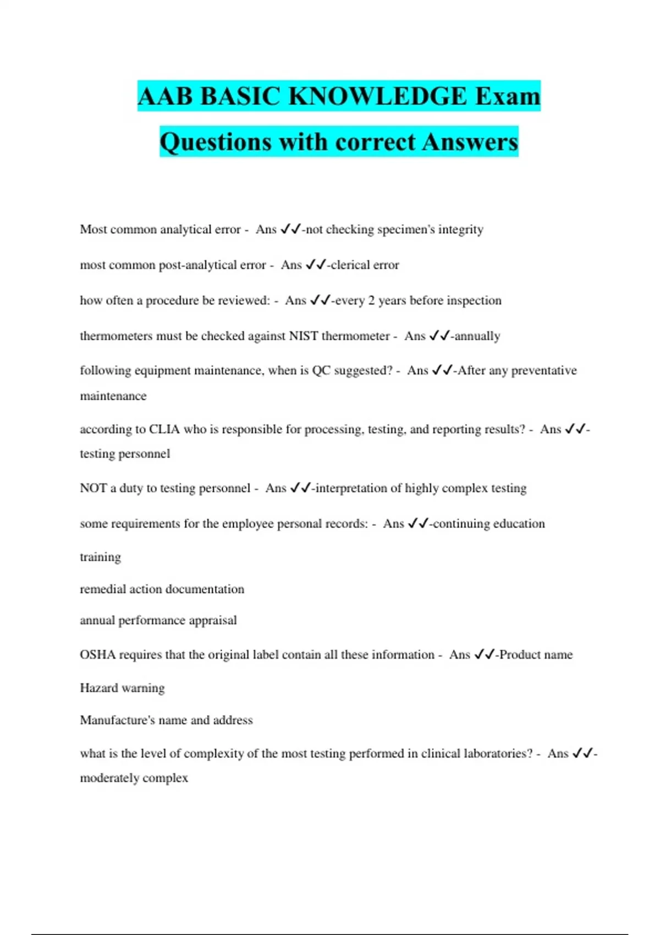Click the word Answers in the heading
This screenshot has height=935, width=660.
470,142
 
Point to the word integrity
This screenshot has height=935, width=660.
460,229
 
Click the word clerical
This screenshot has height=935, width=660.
350,265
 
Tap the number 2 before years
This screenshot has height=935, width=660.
371,300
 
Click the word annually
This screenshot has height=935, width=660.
477,335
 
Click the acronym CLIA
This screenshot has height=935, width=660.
164,429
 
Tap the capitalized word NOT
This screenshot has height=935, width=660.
93,488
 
